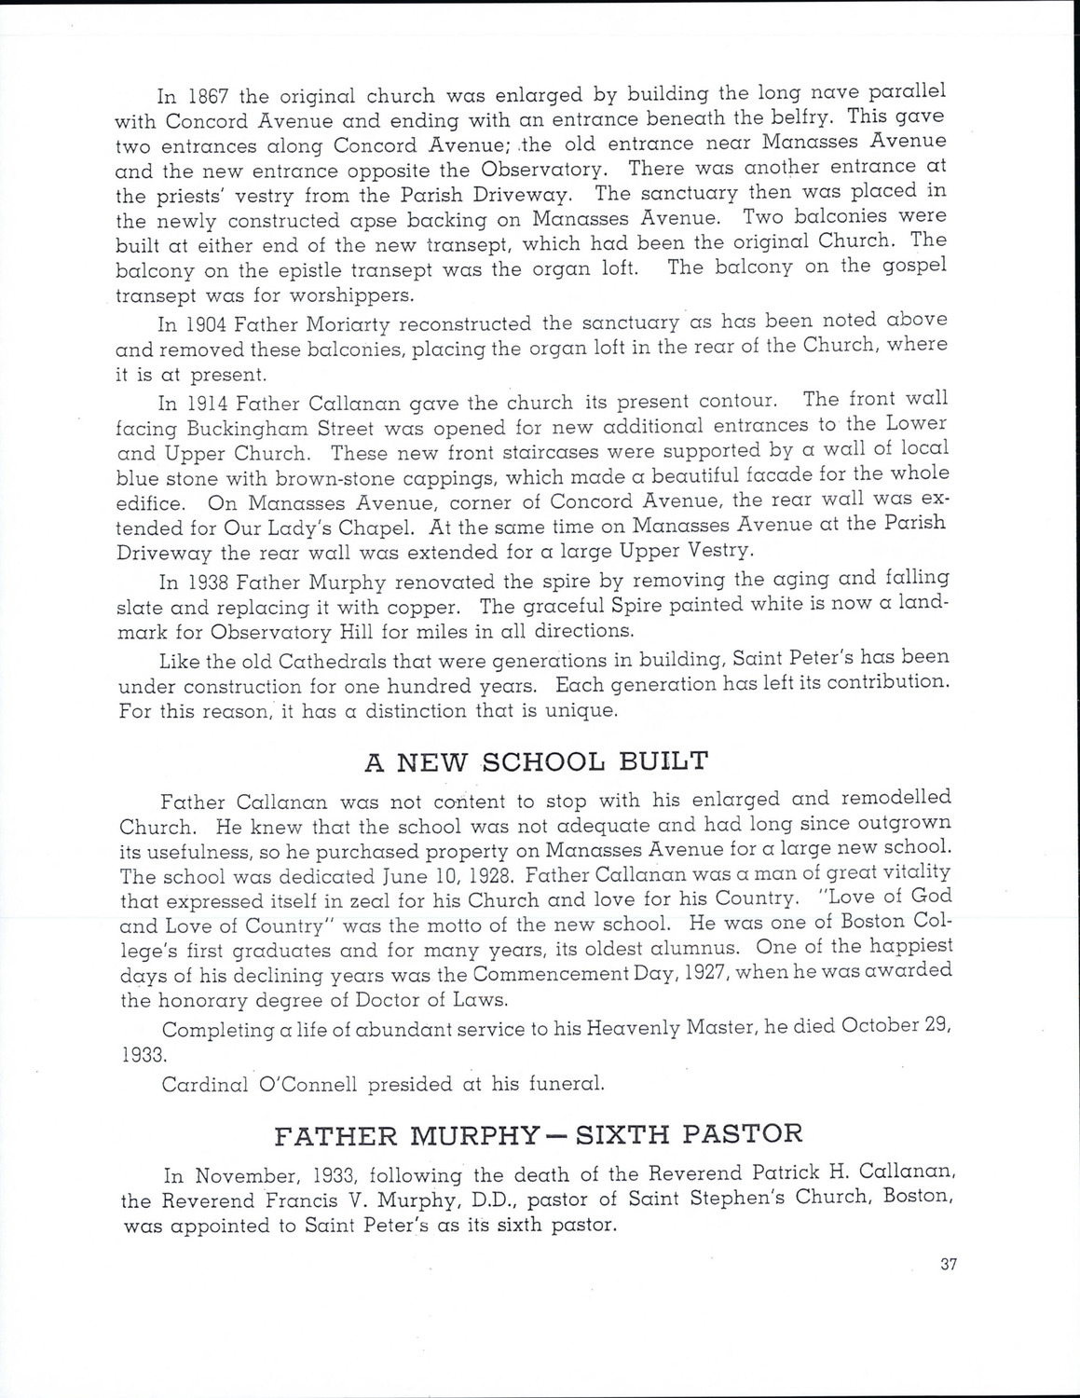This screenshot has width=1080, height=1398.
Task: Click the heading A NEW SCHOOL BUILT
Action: click(x=535, y=761)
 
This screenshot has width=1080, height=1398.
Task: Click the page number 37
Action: click(x=950, y=1265)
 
